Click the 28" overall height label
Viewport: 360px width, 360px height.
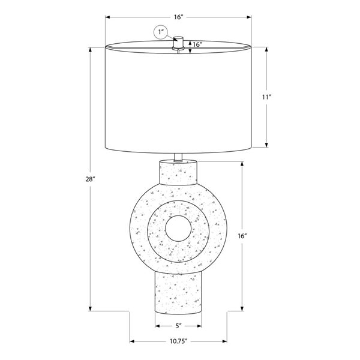click(x=90, y=179)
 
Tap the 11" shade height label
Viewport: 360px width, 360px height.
click(x=266, y=97)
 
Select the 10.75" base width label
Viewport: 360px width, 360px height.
click(x=179, y=341)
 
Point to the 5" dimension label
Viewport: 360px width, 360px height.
click(x=179, y=326)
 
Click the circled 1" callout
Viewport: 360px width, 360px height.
click(x=161, y=32)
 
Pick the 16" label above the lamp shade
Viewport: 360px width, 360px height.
click(x=178, y=17)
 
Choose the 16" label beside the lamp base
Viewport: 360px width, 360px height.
click(x=242, y=236)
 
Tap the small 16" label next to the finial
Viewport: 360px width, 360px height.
click(x=197, y=44)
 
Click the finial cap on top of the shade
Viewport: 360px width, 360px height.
click(x=178, y=42)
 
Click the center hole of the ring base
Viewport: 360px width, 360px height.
click(x=178, y=229)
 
